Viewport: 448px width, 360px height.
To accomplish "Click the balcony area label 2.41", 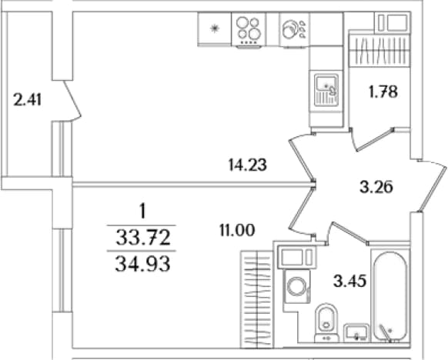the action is (x=28, y=100).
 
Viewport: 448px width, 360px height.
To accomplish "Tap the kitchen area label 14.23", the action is (x=248, y=165).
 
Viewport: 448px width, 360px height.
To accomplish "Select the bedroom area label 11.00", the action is (x=237, y=231).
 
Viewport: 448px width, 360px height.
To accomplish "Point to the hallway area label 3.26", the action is (x=376, y=187).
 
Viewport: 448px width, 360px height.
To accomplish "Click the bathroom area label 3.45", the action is (x=349, y=282).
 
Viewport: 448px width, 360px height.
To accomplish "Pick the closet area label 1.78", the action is (x=383, y=92).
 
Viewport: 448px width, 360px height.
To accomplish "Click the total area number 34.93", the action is (x=142, y=265).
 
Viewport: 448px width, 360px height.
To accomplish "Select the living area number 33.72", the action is (x=143, y=238).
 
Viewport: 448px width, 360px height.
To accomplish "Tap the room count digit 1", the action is (x=142, y=212).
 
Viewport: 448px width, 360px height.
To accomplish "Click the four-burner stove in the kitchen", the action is (x=249, y=30).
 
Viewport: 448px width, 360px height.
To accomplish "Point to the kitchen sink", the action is (x=326, y=90).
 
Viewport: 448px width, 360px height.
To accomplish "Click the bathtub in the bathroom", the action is (x=390, y=296).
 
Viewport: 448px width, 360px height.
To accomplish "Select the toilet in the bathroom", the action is (x=326, y=322).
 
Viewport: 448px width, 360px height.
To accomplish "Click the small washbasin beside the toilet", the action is (x=356, y=333).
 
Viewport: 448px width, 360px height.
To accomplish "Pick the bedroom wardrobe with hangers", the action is (x=257, y=299).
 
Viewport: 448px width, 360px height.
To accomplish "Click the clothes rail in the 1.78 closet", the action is (x=379, y=51).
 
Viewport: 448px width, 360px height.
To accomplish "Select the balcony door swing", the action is (x=72, y=100).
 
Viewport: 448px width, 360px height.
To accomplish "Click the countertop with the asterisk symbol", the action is (x=214, y=28).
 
